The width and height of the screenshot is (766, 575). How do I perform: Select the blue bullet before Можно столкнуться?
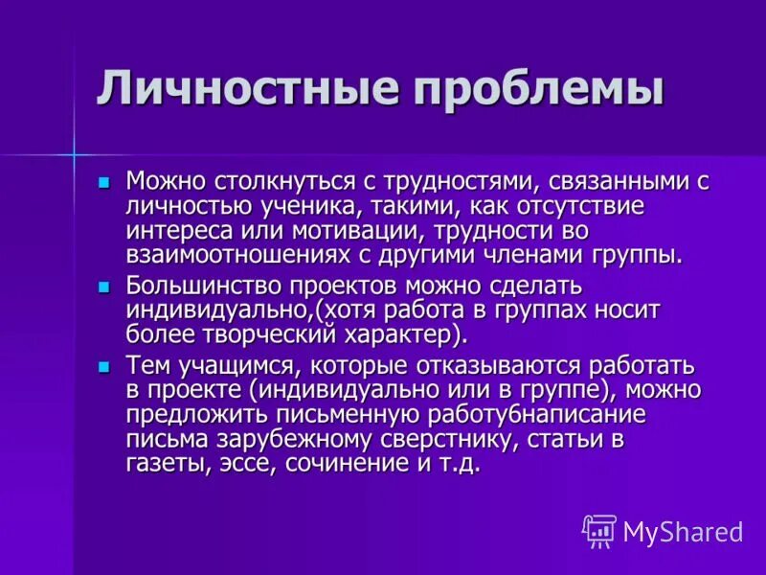(103, 183)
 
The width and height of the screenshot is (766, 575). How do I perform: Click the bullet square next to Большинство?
(103, 287)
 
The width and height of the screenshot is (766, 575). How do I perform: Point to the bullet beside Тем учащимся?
(103, 367)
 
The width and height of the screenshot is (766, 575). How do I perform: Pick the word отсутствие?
(580, 206)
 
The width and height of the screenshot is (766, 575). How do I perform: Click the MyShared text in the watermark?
(684, 532)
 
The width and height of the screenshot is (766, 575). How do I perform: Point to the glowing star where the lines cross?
(74, 154)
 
